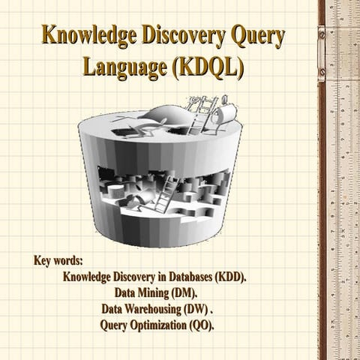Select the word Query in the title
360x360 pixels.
(259, 35)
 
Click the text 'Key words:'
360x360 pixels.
(58, 262)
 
